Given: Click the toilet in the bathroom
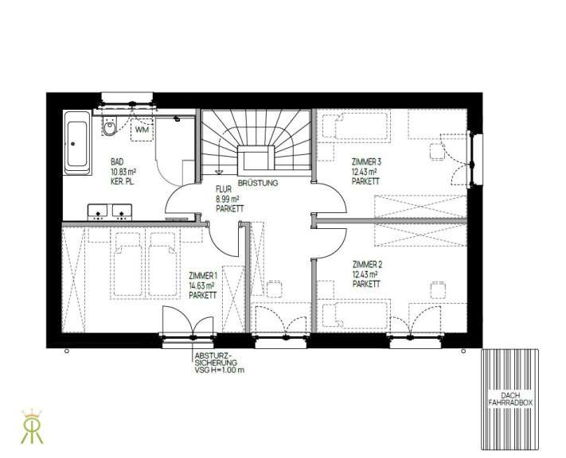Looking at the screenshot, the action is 110,126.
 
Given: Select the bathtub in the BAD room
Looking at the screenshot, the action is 77,143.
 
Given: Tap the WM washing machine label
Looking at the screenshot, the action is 142,130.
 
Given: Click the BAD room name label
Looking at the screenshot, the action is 117,162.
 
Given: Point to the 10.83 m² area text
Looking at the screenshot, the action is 123,172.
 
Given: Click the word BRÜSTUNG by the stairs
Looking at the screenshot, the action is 258,183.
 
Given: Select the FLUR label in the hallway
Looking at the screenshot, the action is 224,189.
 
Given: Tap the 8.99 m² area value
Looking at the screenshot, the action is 228,199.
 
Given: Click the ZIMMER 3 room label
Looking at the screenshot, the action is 366,162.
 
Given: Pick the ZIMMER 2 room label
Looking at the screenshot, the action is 367,265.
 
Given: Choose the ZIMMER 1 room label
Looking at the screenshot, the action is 203,276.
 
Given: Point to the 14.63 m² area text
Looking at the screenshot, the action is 201,286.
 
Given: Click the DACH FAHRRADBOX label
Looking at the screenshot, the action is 510,399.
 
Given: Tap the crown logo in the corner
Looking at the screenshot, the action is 32,426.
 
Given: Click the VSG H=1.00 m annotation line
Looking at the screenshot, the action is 219,370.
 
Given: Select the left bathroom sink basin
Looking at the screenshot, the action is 97,212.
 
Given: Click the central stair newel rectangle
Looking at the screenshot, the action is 256,157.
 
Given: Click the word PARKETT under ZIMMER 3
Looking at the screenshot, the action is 365,181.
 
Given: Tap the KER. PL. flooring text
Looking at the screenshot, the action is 123,182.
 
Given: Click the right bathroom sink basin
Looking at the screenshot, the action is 122,212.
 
